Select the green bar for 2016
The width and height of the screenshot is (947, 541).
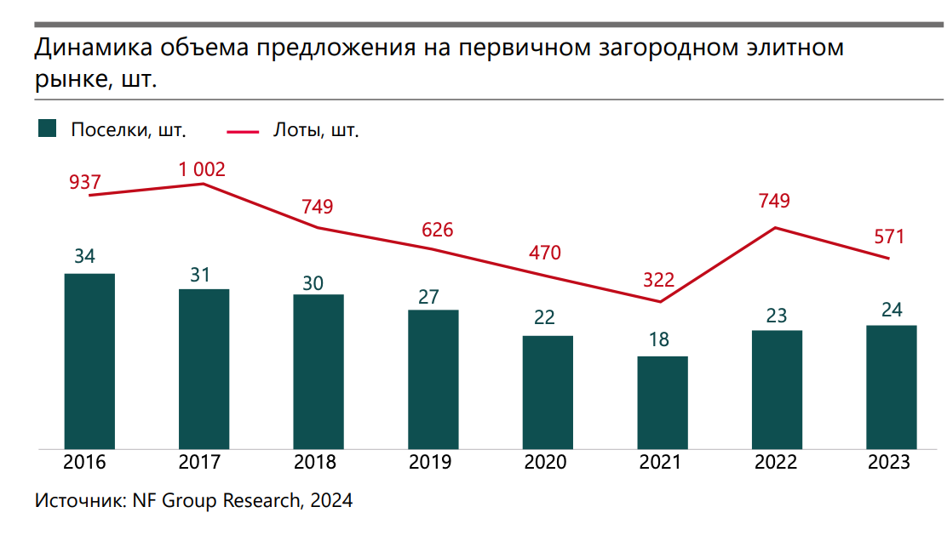(x=89, y=361)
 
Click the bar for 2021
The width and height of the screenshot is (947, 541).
(x=662, y=401)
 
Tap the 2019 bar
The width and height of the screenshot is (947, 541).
(x=433, y=379)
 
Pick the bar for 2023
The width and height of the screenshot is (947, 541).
(x=891, y=386)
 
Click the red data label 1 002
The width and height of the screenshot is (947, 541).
(x=202, y=169)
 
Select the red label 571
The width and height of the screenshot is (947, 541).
(x=889, y=236)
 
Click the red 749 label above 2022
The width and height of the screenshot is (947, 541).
(x=774, y=202)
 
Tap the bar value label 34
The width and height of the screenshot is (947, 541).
(x=84, y=256)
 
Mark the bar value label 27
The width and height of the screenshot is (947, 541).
(x=428, y=297)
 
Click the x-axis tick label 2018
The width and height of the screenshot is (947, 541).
(x=315, y=463)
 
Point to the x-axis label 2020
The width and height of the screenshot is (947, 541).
(x=545, y=463)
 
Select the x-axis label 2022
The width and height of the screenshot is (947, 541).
(x=775, y=463)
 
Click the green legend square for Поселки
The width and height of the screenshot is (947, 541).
(x=48, y=129)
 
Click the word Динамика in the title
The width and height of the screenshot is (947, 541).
(x=84, y=48)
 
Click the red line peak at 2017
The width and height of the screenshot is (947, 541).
(x=203, y=184)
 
